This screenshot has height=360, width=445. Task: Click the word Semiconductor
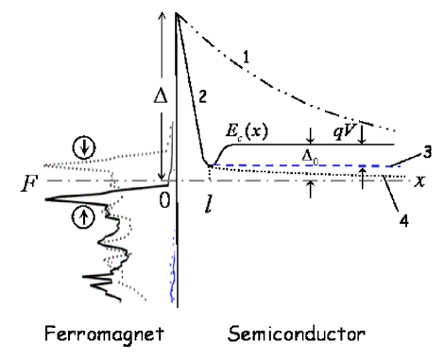[285, 333]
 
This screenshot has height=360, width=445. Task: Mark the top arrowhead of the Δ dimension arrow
[162, 13]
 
